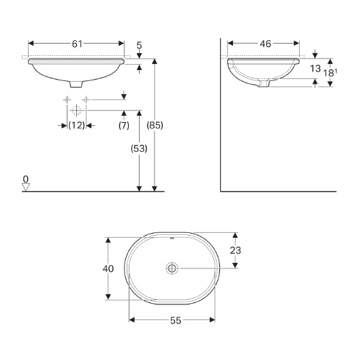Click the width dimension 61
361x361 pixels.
pos(77,44)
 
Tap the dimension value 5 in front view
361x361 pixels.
pos(139,46)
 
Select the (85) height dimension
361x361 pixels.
pos(155,125)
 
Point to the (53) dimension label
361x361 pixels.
pos(138,148)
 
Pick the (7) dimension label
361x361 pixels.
pos(123,125)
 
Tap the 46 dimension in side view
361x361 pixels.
pos(265,44)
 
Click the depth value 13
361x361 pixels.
pos(315,69)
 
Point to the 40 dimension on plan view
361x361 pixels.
pos(108,268)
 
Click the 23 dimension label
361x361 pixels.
pos(235,250)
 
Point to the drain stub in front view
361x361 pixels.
pos(77,83)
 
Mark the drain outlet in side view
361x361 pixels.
pos(267,82)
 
